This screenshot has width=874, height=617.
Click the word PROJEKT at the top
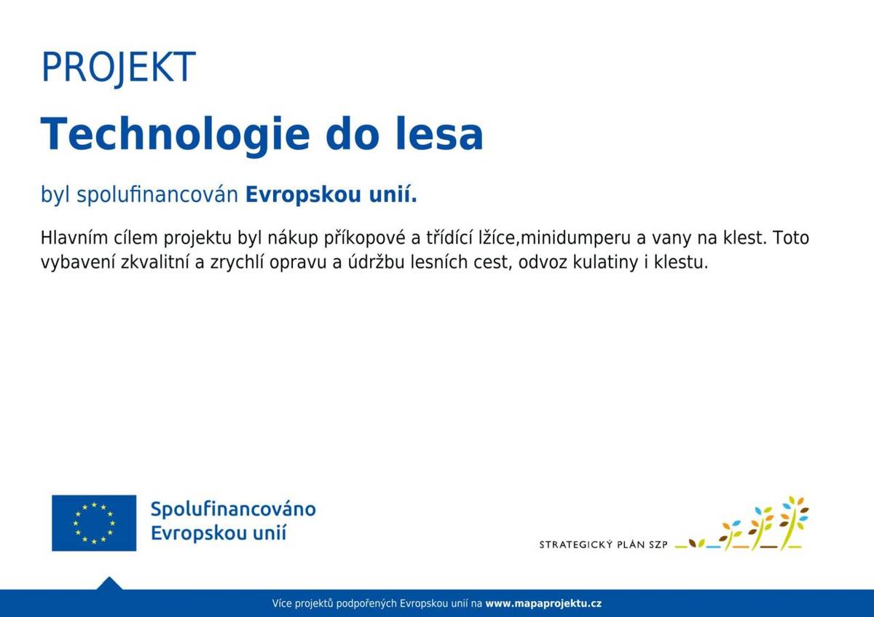[x=118, y=67]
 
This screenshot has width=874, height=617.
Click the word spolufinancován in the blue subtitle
[x=157, y=195]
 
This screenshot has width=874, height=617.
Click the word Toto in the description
[x=792, y=238]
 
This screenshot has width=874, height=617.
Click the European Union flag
[x=94, y=522]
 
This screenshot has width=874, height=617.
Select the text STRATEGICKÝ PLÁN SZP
[x=603, y=545]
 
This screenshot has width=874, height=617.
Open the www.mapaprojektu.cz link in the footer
[x=543, y=604]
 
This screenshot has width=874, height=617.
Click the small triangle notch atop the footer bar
[x=109, y=583]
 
